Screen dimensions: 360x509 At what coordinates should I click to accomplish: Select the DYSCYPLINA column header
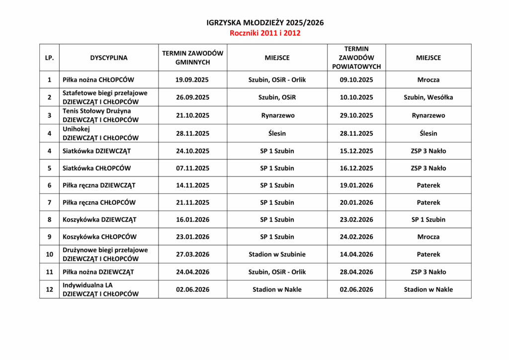pyautogui.click(x=108, y=58)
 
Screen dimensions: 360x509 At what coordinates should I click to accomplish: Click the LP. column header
pyautogui.click(x=49, y=58)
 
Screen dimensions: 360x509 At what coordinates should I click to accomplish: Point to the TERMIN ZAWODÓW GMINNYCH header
pyautogui.click(x=192, y=58)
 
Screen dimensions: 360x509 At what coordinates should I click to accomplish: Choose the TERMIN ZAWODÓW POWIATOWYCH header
pyautogui.click(x=356, y=58)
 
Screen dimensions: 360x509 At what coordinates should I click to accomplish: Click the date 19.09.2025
pyautogui.click(x=192, y=80)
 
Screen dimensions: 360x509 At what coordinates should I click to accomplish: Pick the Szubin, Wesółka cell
pyautogui.click(x=428, y=97)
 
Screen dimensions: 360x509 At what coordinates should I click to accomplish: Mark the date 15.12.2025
pyautogui.click(x=356, y=151)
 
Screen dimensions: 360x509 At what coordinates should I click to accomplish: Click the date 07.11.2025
pyautogui.click(x=192, y=168)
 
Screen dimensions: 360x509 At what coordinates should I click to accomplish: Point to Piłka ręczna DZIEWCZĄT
pyautogui.click(x=99, y=185)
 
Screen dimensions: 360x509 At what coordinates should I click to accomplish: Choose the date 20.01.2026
pyautogui.click(x=356, y=202)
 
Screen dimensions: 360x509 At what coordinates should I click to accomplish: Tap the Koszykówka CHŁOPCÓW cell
pyautogui.click(x=99, y=237)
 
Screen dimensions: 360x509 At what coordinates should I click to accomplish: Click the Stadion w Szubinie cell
pyautogui.click(x=277, y=255)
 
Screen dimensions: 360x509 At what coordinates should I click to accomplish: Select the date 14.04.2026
pyautogui.click(x=356, y=255)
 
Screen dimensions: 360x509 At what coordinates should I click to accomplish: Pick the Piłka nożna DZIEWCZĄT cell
pyautogui.click(x=98, y=272)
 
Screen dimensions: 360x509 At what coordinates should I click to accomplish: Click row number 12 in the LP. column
pyautogui.click(x=49, y=289)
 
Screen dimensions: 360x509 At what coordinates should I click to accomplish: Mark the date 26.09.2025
pyautogui.click(x=192, y=97)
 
